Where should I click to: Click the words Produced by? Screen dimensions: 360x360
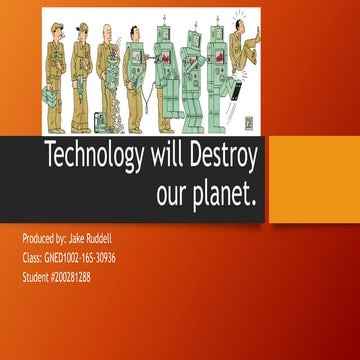(x=43, y=241)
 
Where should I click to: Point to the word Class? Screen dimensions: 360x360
(x=32, y=258)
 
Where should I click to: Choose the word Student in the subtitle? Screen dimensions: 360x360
(x=37, y=276)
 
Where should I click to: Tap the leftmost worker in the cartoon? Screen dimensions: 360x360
(x=55, y=75)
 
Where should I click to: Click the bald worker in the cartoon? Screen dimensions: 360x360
(x=107, y=75)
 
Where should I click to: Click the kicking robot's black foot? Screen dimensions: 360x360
(x=237, y=93)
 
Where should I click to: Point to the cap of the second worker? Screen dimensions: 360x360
(x=82, y=27)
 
